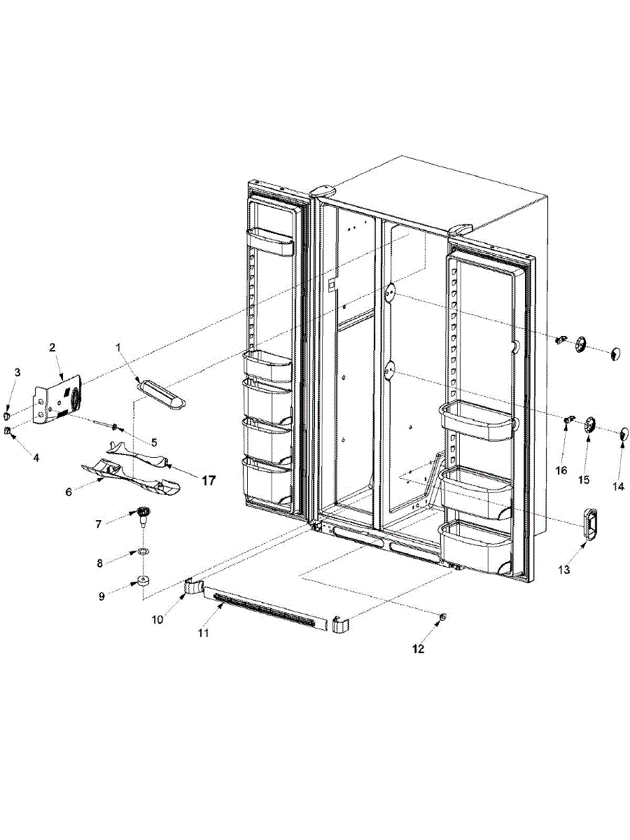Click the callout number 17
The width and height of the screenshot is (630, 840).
click(209, 481)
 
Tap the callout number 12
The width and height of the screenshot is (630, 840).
click(418, 649)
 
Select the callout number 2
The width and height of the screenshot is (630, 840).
click(52, 346)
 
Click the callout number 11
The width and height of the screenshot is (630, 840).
click(203, 633)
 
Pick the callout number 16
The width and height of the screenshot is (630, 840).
click(561, 470)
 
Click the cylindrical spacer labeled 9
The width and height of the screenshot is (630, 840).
click(143, 580)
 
